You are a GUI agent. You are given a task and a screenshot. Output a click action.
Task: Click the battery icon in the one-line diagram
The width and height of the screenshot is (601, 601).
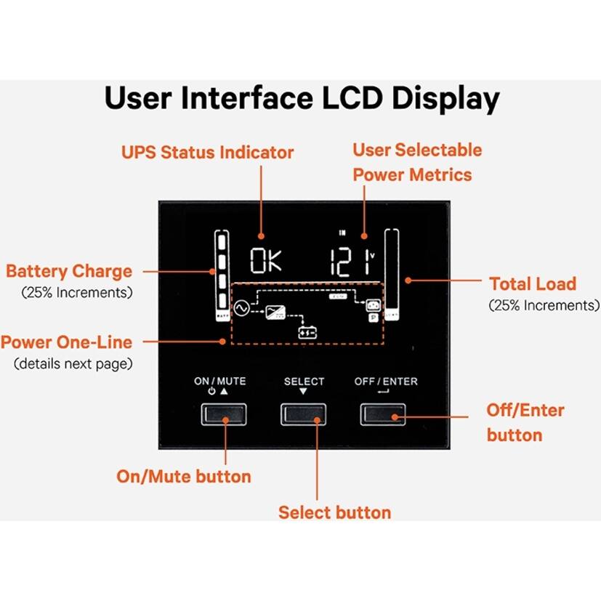point(308,332)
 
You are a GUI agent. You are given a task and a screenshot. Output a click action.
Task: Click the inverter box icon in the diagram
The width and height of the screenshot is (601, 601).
point(275,312)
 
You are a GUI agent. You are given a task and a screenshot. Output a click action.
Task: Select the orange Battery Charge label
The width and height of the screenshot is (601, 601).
point(69,272)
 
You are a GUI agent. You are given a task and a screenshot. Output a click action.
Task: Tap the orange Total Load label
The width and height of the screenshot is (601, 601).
point(532,284)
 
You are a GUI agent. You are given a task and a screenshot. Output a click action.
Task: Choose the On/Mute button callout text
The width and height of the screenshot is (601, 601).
point(184,477)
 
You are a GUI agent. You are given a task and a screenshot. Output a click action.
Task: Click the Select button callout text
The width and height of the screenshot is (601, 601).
point(334,512)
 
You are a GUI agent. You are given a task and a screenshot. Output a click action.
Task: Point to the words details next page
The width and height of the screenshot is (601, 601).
point(70,363)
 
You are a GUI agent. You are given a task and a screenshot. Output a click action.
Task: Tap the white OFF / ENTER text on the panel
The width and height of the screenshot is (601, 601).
point(386,382)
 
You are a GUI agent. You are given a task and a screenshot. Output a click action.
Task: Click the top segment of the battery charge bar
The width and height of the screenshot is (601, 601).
point(220,241)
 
